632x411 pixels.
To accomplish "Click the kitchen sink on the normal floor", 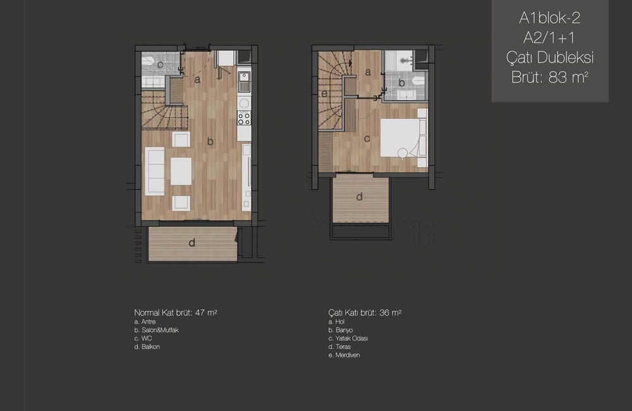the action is pyautogui.click(x=244, y=82).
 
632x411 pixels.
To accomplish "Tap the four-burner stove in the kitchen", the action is pyautogui.click(x=244, y=118).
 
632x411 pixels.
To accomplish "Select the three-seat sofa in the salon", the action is pyautogui.click(x=155, y=171).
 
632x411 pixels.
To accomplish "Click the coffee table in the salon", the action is pyautogui.click(x=181, y=171).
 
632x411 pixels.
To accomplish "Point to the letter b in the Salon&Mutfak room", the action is pyautogui.click(x=210, y=142).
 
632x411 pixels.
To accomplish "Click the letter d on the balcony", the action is pyautogui.click(x=192, y=242).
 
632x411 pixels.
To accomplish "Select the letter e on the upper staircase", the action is pyautogui.click(x=324, y=94).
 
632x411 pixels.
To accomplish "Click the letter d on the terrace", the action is pyautogui.click(x=359, y=197).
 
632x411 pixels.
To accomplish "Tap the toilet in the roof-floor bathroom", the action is pyautogui.click(x=419, y=80).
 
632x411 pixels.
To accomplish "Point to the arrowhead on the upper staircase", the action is pyautogui.click(x=350, y=63).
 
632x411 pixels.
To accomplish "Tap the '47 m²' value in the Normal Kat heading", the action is pyautogui.click(x=206, y=312).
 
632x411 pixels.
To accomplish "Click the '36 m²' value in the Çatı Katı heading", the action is pyautogui.click(x=390, y=312).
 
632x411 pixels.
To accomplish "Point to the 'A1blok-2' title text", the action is pyautogui.click(x=550, y=18).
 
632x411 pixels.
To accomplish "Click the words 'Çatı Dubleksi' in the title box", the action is pyautogui.click(x=550, y=58).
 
